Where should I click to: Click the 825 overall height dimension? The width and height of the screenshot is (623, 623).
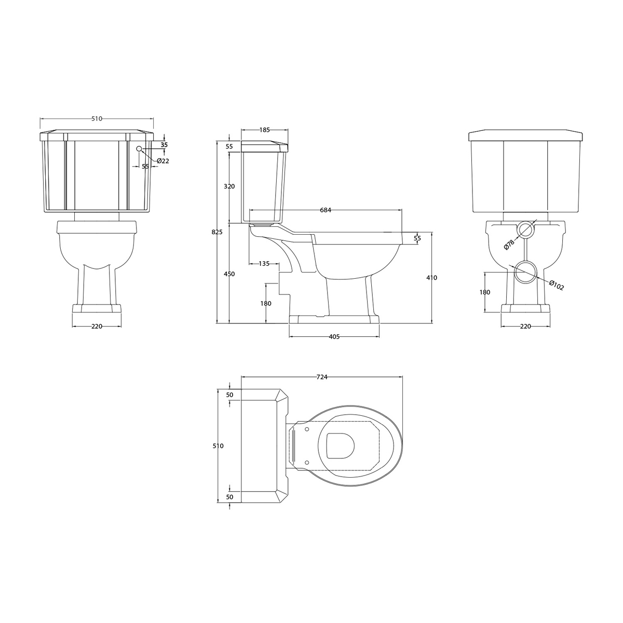217,232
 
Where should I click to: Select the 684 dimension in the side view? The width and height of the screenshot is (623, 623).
326,210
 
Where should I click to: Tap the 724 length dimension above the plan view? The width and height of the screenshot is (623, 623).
321,377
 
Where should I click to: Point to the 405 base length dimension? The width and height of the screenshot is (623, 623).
334,337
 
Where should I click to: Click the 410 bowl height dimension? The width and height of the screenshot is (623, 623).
431,278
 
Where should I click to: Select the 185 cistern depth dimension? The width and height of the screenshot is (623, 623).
265,130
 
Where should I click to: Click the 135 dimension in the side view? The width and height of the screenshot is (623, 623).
264,264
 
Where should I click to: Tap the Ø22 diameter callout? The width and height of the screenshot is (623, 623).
163,161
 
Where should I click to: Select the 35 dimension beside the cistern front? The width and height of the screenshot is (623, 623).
164,145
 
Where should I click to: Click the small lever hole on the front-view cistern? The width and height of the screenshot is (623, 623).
139,149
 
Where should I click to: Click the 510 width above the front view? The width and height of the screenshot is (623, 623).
97,119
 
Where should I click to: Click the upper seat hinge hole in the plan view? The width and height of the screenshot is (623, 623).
307,429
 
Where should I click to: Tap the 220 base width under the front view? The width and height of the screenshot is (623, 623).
97,327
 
